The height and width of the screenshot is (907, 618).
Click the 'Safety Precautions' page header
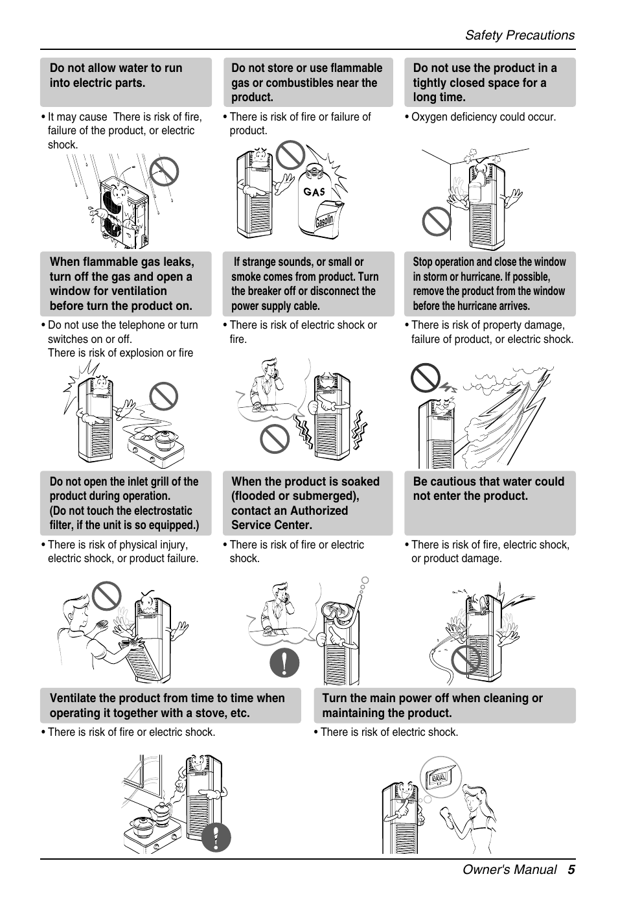click(520, 35)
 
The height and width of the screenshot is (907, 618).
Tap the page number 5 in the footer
click(571, 869)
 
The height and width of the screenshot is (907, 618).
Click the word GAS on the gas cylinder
click(314, 191)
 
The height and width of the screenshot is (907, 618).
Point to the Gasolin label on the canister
click(324, 220)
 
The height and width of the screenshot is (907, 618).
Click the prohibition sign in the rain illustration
click(164, 171)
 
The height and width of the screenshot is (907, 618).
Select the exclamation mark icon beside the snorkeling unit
click(285, 663)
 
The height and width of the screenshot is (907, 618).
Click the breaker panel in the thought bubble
click(441, 777)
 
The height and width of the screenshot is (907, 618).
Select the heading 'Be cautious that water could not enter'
click(488, 489)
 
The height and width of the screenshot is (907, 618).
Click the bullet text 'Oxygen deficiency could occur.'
click(484, 117)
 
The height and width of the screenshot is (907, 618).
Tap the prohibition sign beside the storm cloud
click(426, 378)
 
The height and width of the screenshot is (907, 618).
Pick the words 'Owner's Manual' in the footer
click(510, 869)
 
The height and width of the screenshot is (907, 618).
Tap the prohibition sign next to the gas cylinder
click(290, 155)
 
